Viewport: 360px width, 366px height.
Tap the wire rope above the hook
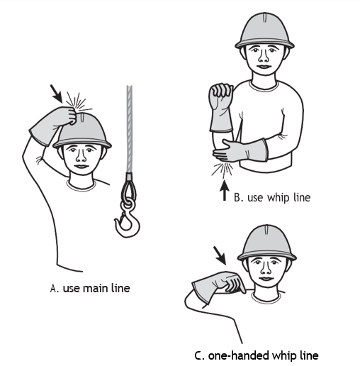pyautogui.click(x=130, y=129)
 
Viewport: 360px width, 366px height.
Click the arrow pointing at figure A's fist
pyautogui.click(x=56, y=94)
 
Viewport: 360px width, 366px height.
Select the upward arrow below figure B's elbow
pyautogui.click(x=225, y=190)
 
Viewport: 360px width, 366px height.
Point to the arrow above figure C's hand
pyautogui.click(x=220, y=255)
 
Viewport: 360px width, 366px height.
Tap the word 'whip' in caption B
pyautogui.click(x=278, y=197)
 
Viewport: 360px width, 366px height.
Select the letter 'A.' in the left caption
pyautogui.click(x=54, y=289)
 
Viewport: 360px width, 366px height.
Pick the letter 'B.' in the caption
pyautogui.click(x=238, y=198)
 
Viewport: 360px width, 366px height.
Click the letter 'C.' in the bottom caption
pyautogui.click(x=199, y=355)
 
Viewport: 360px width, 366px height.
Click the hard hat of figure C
pyautogui.click(x=267, y=243)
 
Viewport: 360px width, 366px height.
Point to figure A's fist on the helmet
pyautogui.click(x=69, y=116)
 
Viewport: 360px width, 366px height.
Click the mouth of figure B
pyautogui.click(x=264, y=67)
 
